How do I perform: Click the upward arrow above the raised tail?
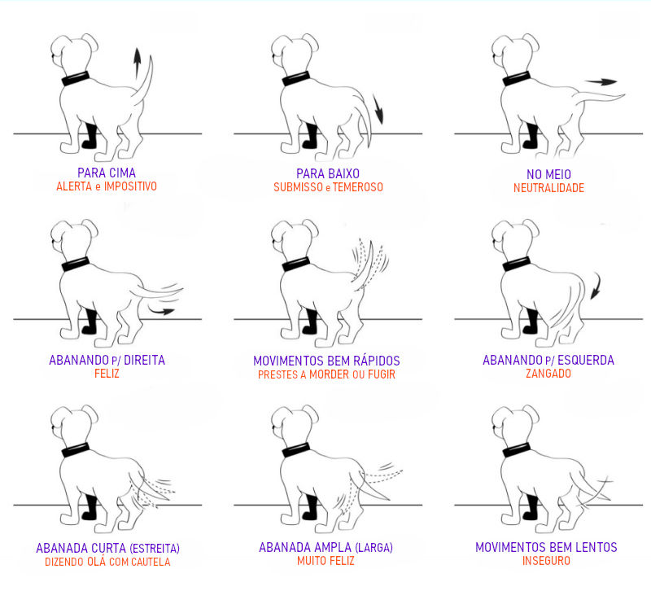137,63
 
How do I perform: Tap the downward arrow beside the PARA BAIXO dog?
378,109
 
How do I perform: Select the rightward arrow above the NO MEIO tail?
601,82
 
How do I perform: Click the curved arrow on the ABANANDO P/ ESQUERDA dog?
596,286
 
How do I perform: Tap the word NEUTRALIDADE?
548,188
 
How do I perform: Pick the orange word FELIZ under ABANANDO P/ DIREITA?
107,374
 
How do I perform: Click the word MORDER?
329,374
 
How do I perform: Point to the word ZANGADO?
548,374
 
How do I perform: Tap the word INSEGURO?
546,561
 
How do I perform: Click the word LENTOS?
596,547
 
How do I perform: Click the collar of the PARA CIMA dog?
76,78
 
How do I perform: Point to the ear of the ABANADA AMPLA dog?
310,414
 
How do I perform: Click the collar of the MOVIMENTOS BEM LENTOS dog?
517,450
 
